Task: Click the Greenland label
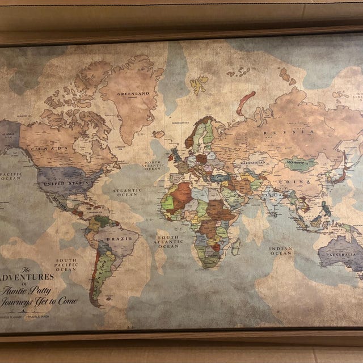(132, 94)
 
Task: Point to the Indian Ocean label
(281, 251)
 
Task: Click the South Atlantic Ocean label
(168, 241)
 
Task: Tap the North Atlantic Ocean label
(153, 165)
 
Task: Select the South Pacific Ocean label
(66, 265)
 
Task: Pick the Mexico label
(60, 200)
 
